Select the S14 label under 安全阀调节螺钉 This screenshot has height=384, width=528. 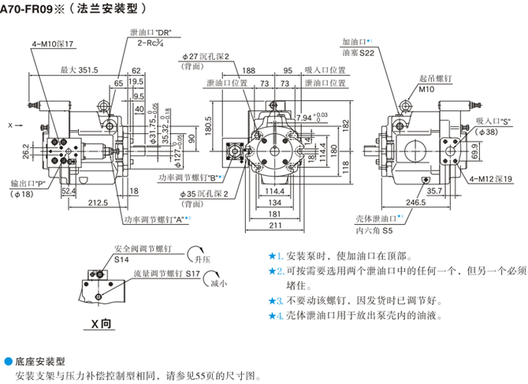point(122,258)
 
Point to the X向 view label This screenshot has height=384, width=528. point(102,324)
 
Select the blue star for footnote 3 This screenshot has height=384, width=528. point(273,300)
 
